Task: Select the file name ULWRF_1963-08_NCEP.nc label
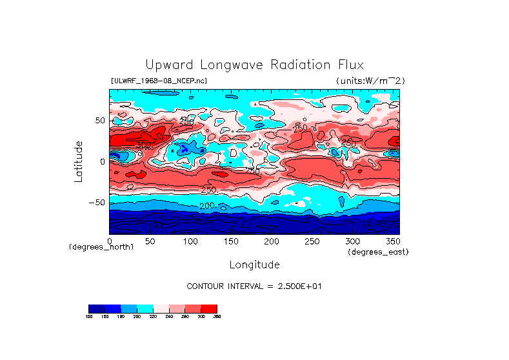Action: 159,81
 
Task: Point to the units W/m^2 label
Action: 370,81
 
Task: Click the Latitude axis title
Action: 79,161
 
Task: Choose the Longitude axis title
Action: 254,265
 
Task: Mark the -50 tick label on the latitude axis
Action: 96,203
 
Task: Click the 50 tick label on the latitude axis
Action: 99,121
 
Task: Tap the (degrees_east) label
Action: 377,252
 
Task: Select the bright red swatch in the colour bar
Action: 209,308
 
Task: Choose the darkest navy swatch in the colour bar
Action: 96,308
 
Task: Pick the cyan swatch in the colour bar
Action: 145,308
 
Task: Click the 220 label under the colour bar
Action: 153,316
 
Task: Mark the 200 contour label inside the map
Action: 207,205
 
